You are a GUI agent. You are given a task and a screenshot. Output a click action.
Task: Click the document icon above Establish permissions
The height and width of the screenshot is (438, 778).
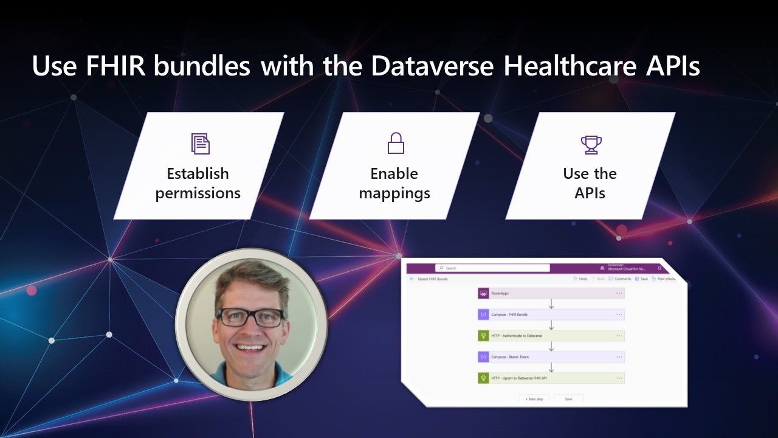(200, 144)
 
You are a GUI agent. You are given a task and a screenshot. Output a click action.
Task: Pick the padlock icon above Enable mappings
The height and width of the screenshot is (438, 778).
(396, 144)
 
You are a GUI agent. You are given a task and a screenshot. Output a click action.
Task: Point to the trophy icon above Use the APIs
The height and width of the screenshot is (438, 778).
(591, 144)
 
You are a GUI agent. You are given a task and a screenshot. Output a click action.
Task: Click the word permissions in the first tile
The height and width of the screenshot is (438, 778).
(198, 193)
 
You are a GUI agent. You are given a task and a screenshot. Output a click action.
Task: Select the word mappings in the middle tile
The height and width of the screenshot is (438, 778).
(394, 193)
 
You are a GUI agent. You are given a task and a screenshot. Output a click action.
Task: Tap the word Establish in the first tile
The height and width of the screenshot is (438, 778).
(198, 173)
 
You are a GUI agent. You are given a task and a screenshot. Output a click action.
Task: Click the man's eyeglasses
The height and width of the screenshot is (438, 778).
(250, 317)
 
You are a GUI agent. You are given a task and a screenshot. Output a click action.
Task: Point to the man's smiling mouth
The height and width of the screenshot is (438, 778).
(250, 348)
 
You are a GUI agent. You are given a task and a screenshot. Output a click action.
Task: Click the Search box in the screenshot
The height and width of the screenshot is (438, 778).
(492, 268)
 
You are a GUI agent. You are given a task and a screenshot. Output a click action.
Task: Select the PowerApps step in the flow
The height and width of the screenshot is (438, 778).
(551, 293)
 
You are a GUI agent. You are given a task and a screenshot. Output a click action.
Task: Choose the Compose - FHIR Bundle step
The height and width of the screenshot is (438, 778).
(551, 315)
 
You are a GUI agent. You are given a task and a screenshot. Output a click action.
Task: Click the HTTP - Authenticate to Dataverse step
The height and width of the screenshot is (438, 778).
(551, 335)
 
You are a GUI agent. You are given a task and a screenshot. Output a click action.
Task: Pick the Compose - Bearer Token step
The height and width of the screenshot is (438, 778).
(551, 356)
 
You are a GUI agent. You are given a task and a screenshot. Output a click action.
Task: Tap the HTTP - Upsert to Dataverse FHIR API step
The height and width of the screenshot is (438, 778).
(551, 378)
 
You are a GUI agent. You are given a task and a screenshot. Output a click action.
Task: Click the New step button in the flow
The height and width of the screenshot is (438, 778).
(535, 398)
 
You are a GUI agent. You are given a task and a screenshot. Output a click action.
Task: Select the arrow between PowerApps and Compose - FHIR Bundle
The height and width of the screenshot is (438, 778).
(551, 304)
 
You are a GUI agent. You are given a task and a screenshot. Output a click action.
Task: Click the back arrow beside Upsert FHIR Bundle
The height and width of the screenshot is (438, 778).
(412, 279)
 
